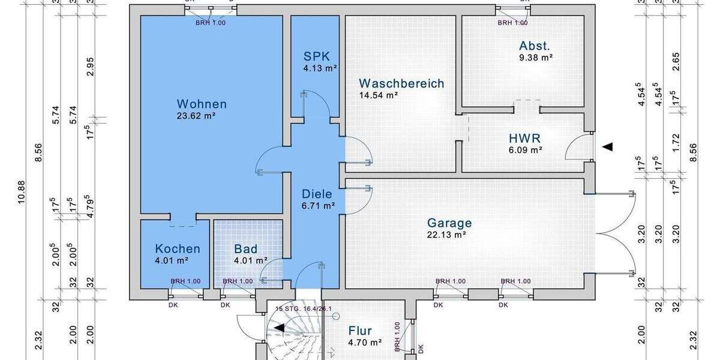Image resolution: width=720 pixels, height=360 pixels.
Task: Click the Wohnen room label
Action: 202,104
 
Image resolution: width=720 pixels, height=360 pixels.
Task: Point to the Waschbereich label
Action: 401,83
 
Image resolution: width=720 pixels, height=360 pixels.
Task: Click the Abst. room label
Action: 535,46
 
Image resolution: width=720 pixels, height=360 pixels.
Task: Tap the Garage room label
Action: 449,223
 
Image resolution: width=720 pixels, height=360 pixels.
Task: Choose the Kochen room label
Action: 178,248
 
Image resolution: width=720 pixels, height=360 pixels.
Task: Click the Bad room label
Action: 245,248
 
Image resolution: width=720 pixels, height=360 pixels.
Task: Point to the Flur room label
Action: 360,331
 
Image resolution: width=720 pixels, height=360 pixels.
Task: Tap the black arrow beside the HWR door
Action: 608,146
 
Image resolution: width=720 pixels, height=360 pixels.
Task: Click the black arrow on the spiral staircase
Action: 279,327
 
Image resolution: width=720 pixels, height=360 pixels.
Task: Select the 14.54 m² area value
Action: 379,95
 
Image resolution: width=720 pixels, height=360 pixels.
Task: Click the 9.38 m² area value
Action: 535,58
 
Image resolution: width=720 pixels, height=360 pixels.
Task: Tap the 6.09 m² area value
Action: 526,150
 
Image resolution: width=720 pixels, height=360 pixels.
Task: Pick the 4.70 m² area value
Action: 365,343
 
